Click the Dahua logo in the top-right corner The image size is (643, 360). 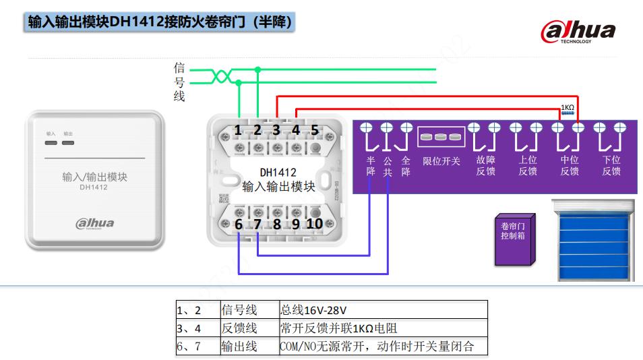pos(578,31)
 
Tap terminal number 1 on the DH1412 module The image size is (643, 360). pos(238,130)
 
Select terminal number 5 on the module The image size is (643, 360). pos(314,130)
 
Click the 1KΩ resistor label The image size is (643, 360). pos(568,107)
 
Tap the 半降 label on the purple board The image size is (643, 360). pos(371,166)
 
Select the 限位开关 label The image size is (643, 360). pos(441,161)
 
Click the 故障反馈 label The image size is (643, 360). pos(485,166)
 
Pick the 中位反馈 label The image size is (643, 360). pos(570,166)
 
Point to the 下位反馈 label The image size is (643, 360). pos(611,166)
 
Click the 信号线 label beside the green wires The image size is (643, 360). pos(179,82)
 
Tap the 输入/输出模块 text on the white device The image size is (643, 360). pos(94,177)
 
